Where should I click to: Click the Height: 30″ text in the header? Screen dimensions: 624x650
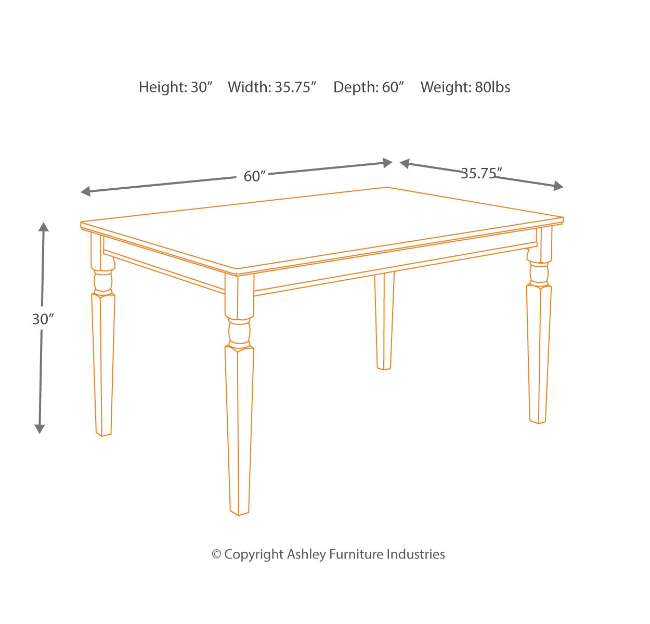[x=176, y=87]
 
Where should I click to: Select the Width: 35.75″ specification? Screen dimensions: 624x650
[x=272, y=87]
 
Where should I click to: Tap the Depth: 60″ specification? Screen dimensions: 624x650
[x=369, y=87]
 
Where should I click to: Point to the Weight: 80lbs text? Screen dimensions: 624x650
[x=465, y=87]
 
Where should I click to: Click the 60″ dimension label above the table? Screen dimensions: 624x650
[x=254, y=176]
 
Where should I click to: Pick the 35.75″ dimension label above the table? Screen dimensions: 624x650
[x=482, y=173]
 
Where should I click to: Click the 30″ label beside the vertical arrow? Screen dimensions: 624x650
[x=43, y=319]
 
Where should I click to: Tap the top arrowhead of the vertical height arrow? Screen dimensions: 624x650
[x=43, y=227]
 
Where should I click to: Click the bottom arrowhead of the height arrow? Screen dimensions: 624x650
[x=40, y=429]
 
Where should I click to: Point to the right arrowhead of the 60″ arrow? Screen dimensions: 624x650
[x=387, y=163]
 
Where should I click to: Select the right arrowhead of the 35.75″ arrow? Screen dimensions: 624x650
[x=558, y=186]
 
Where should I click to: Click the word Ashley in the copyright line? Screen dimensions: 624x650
[x=307, y=554]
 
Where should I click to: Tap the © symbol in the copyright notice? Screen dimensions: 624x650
[x=216, y=554]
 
